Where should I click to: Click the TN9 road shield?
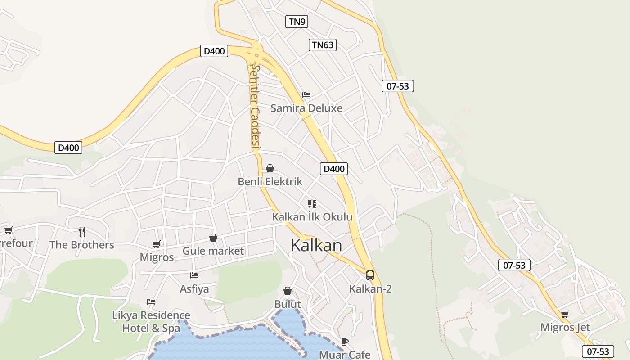pyautogui.click(x=297, y=22)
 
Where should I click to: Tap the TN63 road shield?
pyautogui.click(x=323, y=45)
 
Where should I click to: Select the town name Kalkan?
pyautogui.click(x=316, y=245)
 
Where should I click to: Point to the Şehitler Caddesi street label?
pyautogui.click(x=256, y=106)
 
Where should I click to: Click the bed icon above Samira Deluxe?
pyautogui.click(x=306, y=95)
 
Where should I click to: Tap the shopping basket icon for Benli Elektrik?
pyautogui.click(x=270, y=169)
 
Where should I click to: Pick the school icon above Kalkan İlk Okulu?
pyautogui.click(x=312, y=204)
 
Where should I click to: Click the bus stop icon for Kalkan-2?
pyautogui.click(x=370, y=275)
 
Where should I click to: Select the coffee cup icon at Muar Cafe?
pyautogui.click(x=345, y=342)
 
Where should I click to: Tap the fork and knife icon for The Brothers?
pyautogui.click(x=82, y=232)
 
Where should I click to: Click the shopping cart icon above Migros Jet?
pyautogui.click(x=565, y=314)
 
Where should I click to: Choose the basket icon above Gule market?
pyautogui.click(x=213, y=238)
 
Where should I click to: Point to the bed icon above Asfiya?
pyautogui.click(x=194, y=275)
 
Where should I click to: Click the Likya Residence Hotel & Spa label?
pyautogui.click(x=151, y=321)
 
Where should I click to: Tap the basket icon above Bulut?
pyautogui.click(x=288, y=291)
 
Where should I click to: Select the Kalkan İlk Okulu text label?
pyautogui.click(x=312, y=217)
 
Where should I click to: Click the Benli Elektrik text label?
pyautogui.click(x=270, y=182)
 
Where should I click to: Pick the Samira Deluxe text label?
pyautogui.click(x=306, y=108)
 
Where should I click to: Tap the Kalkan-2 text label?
pyautogui.click(x=370, y=288)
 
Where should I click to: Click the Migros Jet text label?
pyautogui.click(x=565, y=327)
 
